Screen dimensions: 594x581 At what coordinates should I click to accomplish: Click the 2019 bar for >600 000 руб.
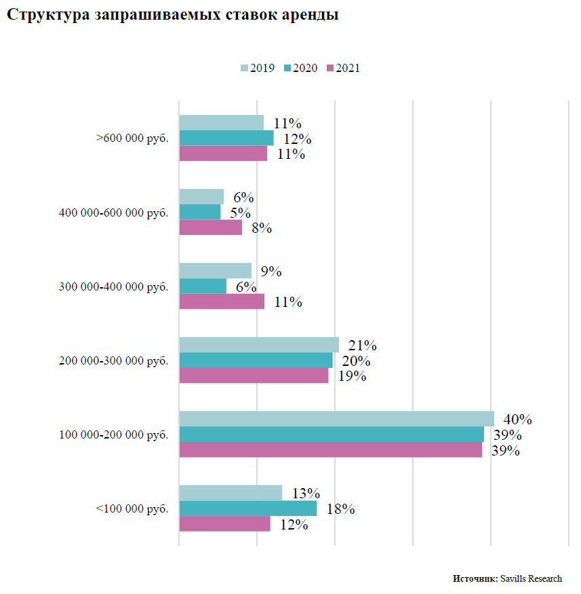pyautogui.click(x=221, y=123)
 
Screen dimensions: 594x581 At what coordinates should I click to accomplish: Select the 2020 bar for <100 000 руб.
pyautogui.click(x=247, y=508)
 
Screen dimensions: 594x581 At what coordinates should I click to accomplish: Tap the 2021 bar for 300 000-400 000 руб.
pyautogui.click(x=222, y=301)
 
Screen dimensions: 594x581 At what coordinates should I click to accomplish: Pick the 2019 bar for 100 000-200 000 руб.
pyautogui.click(x=336, y=419)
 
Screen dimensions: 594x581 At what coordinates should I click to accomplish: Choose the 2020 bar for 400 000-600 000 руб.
pyautogui.click(x=200, y=212)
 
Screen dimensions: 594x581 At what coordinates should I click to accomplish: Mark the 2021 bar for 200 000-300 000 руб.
pyautogui.click(x=254, y=375)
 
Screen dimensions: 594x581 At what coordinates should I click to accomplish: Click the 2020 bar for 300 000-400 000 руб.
pyautogui.click(x=203, y=286)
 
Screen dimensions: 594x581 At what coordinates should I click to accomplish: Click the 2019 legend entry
pyautogui.click(x=258, y=68)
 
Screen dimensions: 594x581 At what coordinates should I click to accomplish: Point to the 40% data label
pyautogui.click(x=517, y=419)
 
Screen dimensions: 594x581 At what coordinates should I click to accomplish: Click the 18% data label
pyautogui.click(x=341, y=509)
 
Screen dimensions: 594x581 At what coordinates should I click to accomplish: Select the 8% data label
pyautogui.click(x=261, y=228)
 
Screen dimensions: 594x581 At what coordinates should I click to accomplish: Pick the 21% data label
pyautogui.click(x=362, y=345)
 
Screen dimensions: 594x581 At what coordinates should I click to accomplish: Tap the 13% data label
pyautogui.click(x=306, y=494)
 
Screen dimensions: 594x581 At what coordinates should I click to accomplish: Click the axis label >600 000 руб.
pyautogui.click(x=132, y=138)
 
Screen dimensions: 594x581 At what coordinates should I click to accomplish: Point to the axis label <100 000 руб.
pyautogui.click(x=132, y=508)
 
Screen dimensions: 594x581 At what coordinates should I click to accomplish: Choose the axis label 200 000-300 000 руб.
pyautogui.click(x=114, y=360)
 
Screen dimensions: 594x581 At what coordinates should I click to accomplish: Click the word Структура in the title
pyautogui.click(x=45, y=15)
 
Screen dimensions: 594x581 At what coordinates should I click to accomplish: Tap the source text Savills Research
pyautogui.click(x=531, y=578)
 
